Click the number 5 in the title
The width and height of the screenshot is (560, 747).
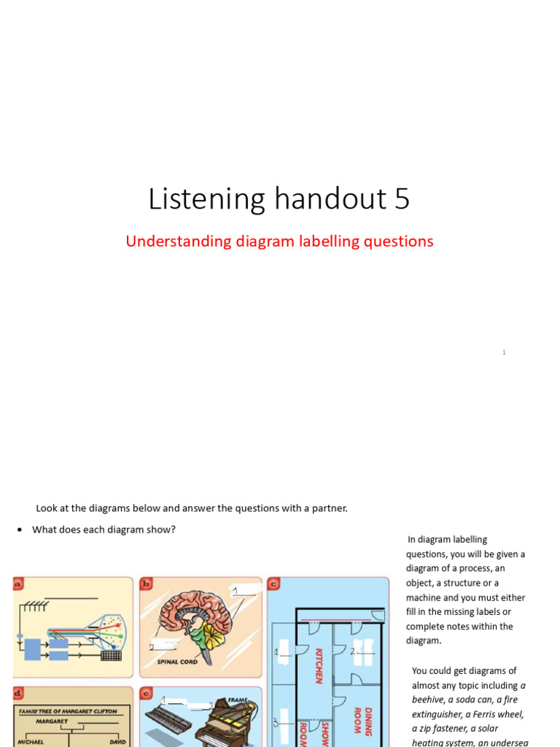(x=402, y=199)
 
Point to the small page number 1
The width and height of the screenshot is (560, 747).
(x=504, y=352)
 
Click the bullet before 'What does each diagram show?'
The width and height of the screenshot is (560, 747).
(x=19, y=530)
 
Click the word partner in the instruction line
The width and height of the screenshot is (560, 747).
(x=330, y=508)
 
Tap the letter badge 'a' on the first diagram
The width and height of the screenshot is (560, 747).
(x=17, y=583)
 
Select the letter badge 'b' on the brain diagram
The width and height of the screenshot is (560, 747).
(x=146, y=583)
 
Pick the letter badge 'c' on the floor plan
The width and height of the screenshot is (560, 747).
(x=273, y=583)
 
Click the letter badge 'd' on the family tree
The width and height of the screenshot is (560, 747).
(x=17, y=692)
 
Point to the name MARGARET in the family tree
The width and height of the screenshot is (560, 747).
(x=52, y=721)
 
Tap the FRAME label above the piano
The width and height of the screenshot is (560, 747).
(x=238, y=700)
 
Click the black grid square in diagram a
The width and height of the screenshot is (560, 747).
(x=111, y=655)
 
